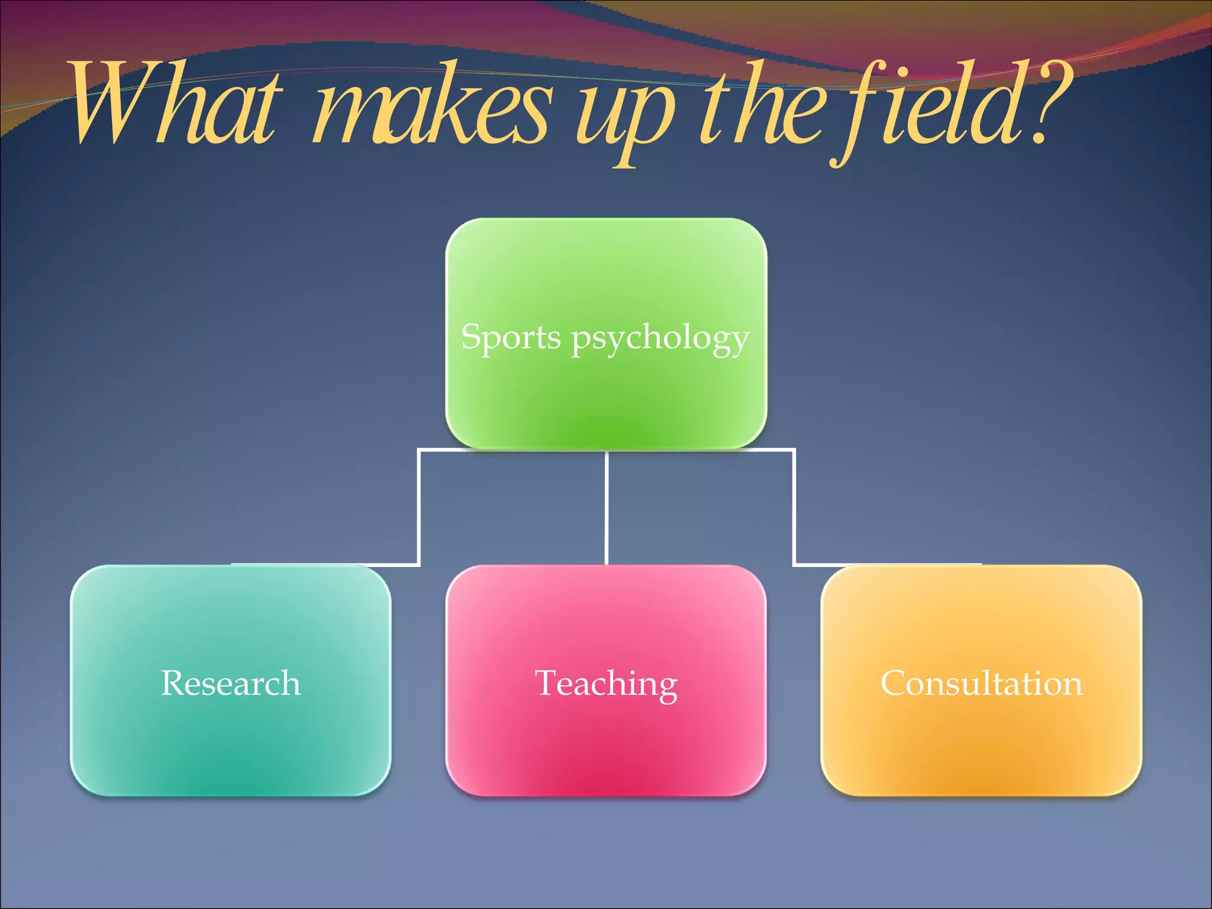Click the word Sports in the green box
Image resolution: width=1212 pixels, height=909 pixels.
point(511,337)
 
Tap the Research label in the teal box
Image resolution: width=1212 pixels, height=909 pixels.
point(231,683)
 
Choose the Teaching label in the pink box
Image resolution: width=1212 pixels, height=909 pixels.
point(606,684)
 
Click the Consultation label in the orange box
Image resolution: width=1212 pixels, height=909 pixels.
point(981,683)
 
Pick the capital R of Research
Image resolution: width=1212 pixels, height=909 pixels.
point(173,683)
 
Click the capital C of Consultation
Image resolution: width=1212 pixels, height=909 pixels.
point(894,683)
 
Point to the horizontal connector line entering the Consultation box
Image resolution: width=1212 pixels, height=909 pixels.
point(888,565)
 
